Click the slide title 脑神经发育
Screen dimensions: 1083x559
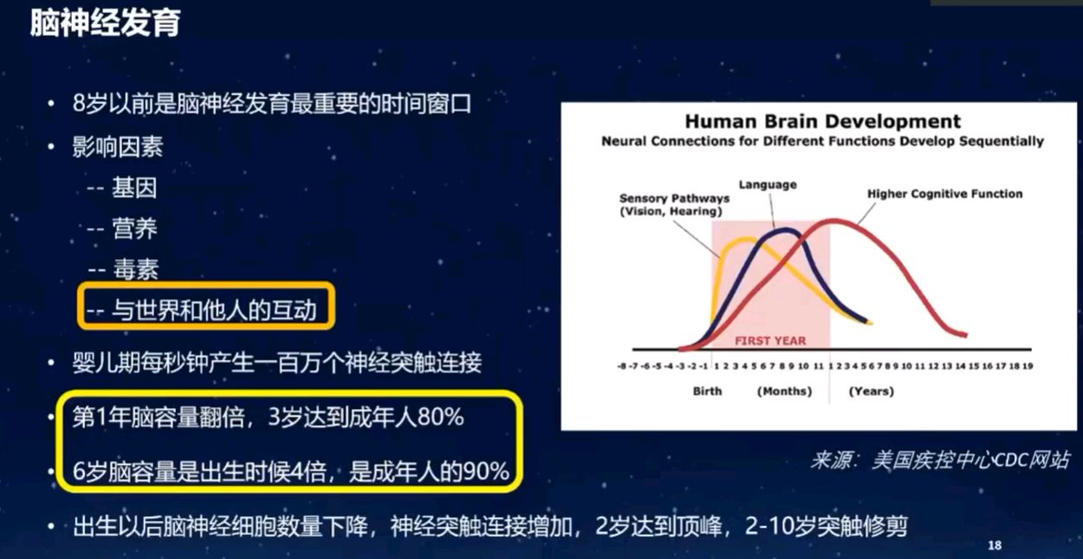(106, 23)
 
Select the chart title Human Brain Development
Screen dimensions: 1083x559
(823, 120)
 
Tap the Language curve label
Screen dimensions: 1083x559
(768, 185)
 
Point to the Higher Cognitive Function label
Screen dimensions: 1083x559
(944, 194)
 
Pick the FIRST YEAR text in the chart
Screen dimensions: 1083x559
(770, 341)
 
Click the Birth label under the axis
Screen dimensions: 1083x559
(707, 391)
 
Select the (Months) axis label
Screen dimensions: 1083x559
(784, 391)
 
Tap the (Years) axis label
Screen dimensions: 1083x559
(872, 391)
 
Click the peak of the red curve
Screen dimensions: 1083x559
(834, 222)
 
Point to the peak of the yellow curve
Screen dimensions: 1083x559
(747, 239)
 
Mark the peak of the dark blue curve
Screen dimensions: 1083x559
(787, 231)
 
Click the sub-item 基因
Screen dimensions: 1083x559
(134, 187)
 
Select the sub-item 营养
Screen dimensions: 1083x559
(134, 228)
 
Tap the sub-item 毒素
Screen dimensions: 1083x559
(135, 270)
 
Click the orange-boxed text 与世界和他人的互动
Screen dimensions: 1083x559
(214, 310)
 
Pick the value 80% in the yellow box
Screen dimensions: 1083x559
(440, 417)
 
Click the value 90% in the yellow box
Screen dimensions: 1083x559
(486, 471)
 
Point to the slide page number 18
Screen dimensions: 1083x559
(995, 545)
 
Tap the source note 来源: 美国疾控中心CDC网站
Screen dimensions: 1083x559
(940, 460)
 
